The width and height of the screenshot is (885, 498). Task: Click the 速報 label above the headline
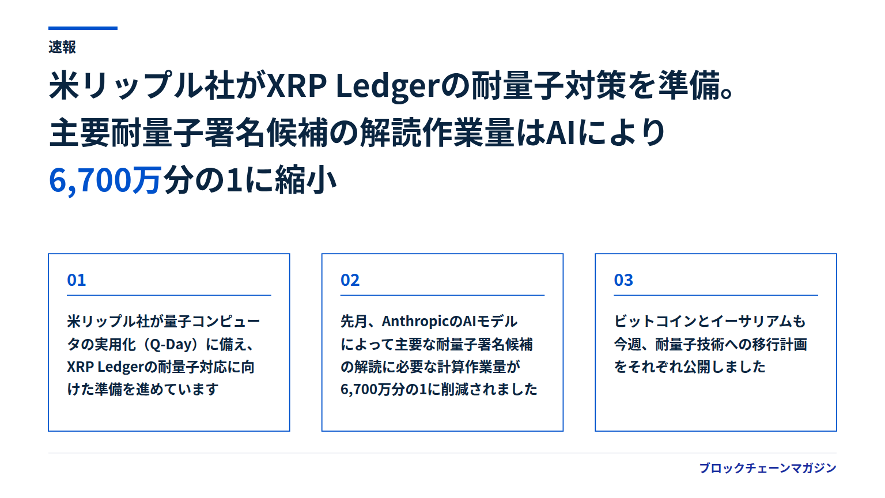(x=62, y=47)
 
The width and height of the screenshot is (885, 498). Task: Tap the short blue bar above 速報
(x=83, y=28)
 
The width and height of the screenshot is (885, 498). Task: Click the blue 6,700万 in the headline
(x=105, y=180)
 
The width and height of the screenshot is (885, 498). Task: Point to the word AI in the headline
(x=561, y=133)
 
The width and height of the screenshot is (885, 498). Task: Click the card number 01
(x=76, y=280)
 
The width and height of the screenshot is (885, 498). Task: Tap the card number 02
(x=350, y=280)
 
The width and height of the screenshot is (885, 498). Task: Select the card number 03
(x=623, y=280)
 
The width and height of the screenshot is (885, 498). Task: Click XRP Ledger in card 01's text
(x=105, y=367)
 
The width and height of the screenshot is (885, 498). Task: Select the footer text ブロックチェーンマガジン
(x=768, y=468)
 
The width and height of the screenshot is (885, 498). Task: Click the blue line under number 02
(x=442, y=295)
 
